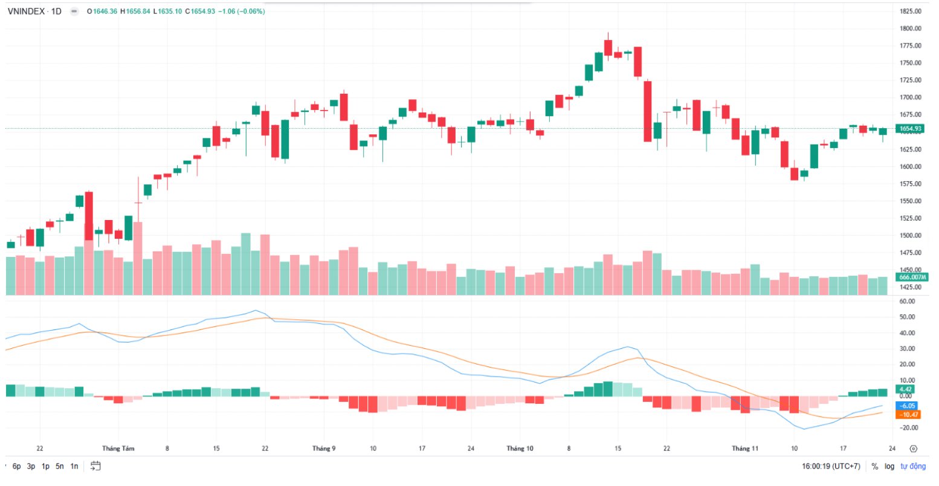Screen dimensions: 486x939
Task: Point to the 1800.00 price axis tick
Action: pos(909,28)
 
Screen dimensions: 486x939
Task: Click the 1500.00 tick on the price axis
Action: pos(909,236)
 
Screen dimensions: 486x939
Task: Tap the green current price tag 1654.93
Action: pos(910,129)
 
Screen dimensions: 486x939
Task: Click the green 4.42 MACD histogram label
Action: pos(906,389)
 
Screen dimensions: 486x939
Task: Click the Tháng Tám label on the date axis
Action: pos(118,449)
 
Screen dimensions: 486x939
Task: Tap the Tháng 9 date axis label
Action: pos(324,449)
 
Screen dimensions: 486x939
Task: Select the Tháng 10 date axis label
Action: pos(520,449)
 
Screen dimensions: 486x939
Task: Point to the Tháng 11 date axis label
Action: pos(745,449)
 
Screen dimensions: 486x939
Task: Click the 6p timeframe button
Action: pos(16,467)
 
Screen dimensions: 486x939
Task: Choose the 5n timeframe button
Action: pos(60,467)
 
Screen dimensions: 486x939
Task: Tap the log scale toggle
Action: pos(889,467)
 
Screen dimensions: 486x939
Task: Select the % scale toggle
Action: pos(874,467)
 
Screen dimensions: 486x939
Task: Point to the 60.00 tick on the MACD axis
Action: pos(908,301)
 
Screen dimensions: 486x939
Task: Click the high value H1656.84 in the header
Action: pos(138,11)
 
